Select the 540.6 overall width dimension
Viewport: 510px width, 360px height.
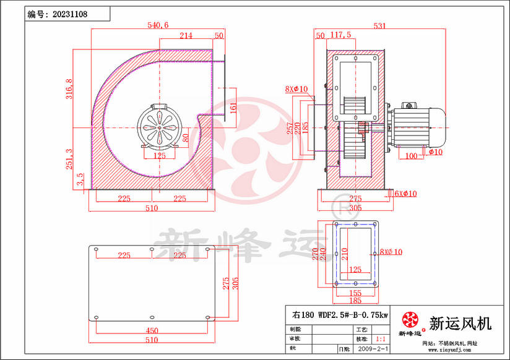click(x=158, y=25)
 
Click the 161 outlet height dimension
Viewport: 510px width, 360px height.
click(x=233, y=108)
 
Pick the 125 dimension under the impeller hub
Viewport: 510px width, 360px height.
click(x=159, y=156)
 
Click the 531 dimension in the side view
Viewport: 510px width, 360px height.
click(x=379, y=25)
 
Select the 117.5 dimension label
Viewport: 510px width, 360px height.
click(x=340, y=35)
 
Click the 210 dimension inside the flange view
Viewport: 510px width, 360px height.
click(x=344, y=254)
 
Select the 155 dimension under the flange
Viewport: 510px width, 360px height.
click(x=355, y=293)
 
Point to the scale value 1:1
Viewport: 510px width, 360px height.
click(x=382, y=340)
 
